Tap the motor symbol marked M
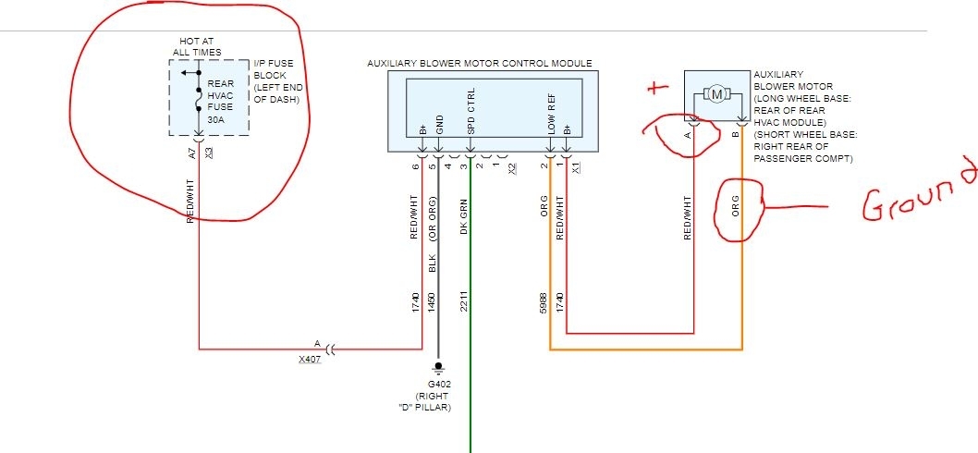tap(716, 93)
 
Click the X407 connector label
tap(310, 358)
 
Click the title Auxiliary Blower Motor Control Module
tap(479, 64)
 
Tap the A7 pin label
tap(192, 153)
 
